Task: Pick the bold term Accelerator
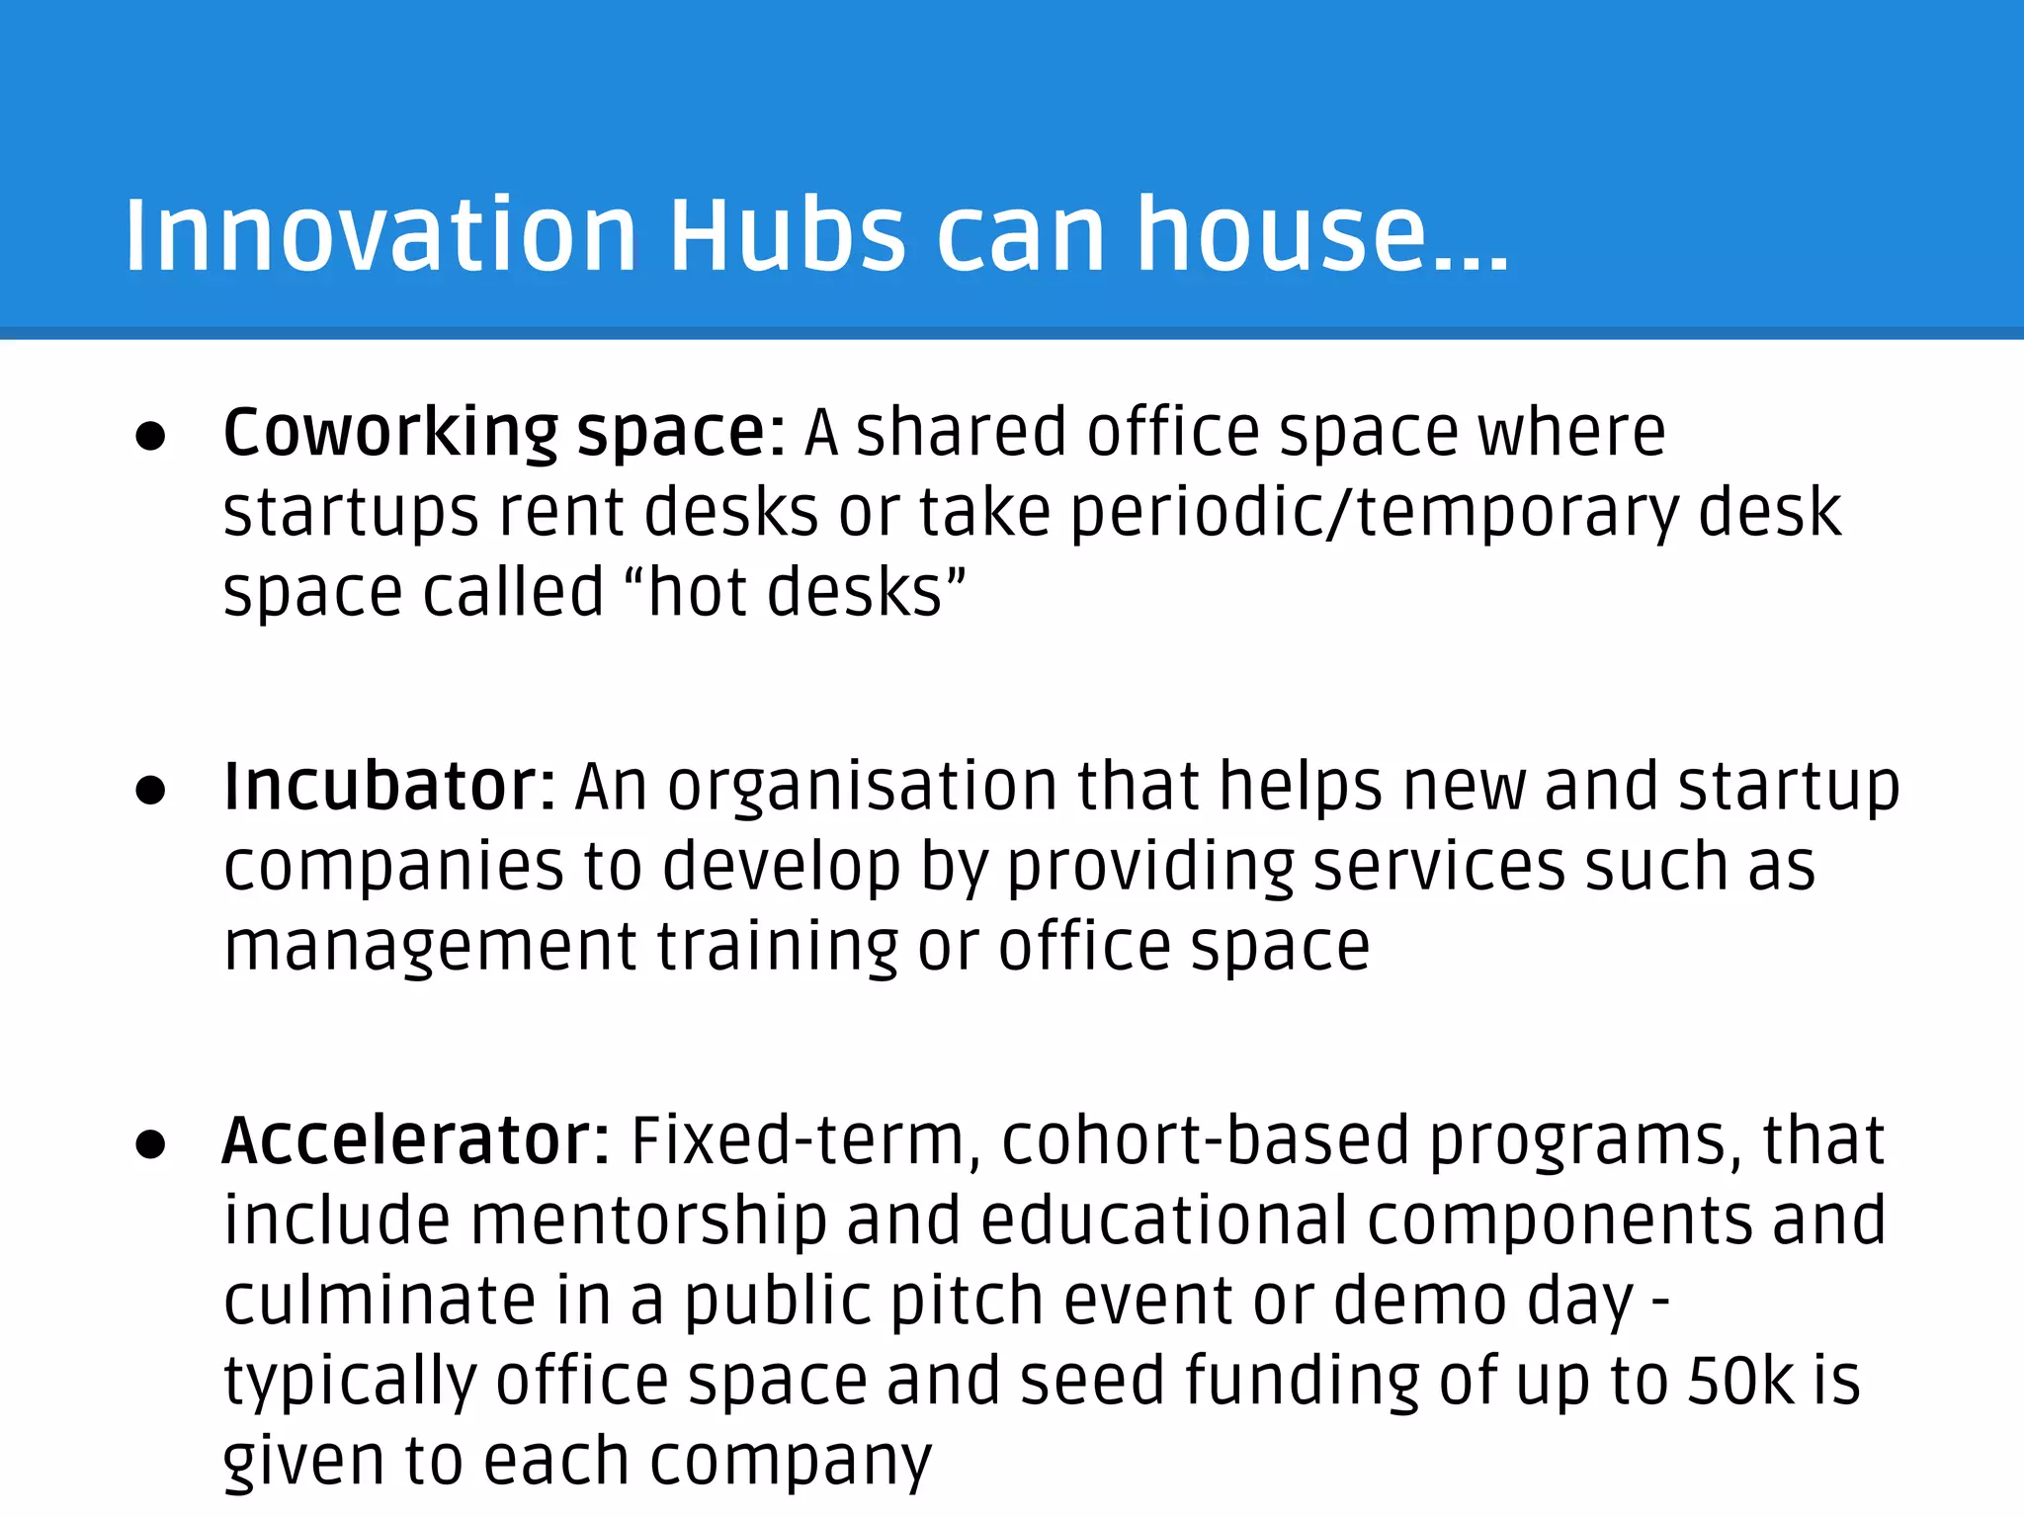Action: pyautogui.click(x=416, y=1140)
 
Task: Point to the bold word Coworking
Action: pyautogui.click(x=391, y=433)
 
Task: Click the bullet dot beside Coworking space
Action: pyautogui.click(x=151, y=437)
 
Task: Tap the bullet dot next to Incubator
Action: pyautogui.click(x=151, y=791)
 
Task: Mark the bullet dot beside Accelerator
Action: pyautogui.click(x=151, y=1144)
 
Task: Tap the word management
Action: pyautogui.click(x=430, y=947)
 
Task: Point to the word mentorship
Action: pyautogui.click(x=648, y=1221)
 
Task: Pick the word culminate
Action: pyautogui.click(x=379, y=1301)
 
